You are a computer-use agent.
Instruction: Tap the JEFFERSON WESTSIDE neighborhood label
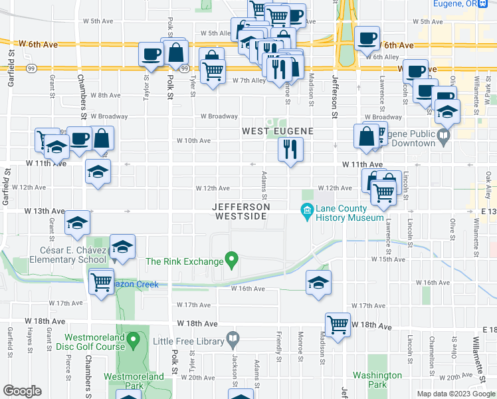[241, 211]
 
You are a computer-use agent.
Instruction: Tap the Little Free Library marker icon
[232, 341]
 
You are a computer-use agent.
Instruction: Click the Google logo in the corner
[23, 390]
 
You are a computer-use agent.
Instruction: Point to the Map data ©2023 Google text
[455, 393]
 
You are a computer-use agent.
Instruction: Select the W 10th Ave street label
[193, 141]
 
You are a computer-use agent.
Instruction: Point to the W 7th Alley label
[249, 80]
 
